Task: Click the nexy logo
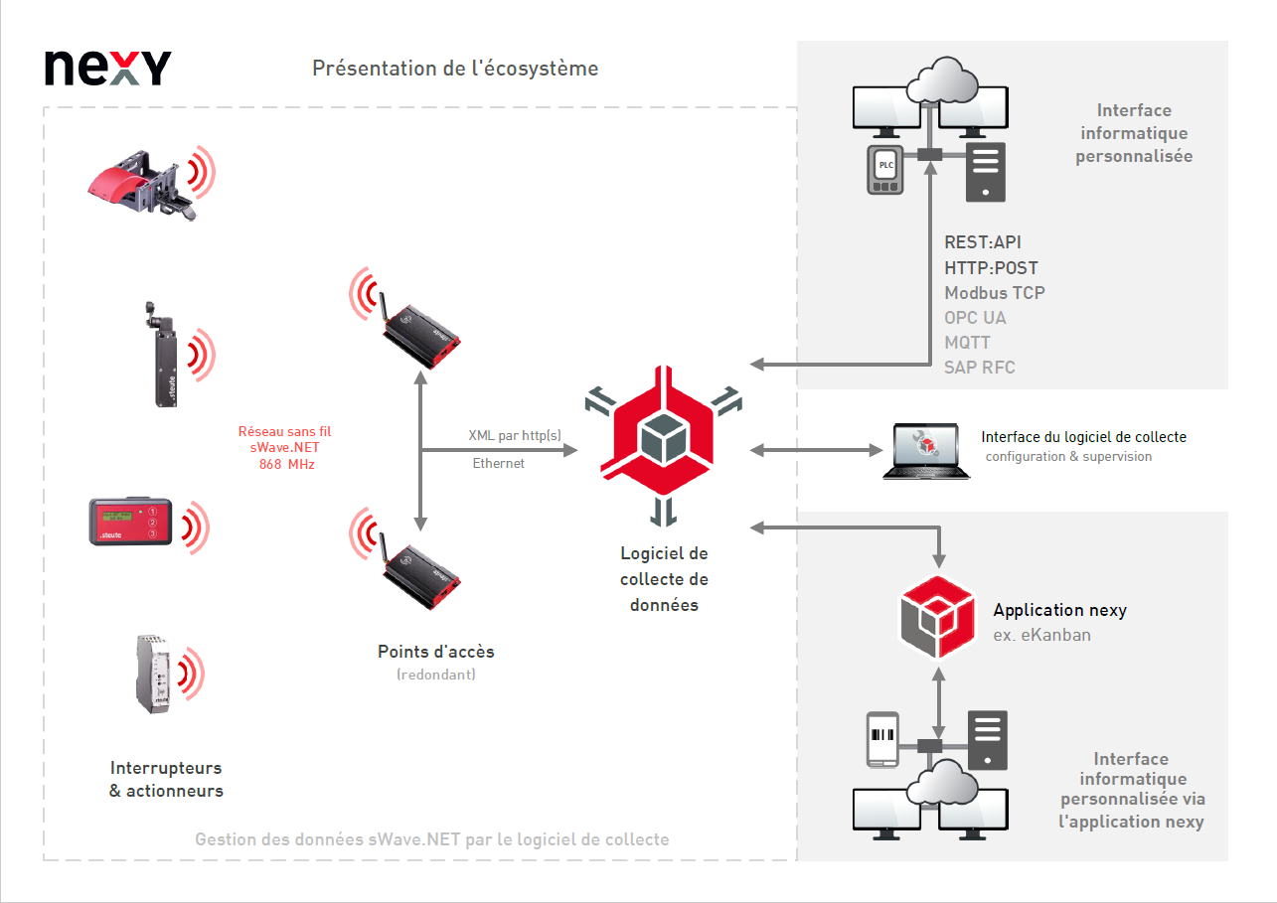tap(107, 69)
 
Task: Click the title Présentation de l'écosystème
tap(455, 69)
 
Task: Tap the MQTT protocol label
tap(967, 343)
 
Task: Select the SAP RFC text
tap(980, 368)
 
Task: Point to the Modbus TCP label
tap(994, 293)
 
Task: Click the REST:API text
tap(982, 242)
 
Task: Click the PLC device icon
tap(885, 170)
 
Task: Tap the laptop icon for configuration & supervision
tap(926, 451)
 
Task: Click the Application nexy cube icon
tap(938, 617)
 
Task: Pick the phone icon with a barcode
tap(882, 739)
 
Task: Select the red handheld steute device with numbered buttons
tap(130, 522)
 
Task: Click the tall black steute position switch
tap(162, 355)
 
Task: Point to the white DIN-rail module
tap(153, 674)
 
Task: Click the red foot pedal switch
tap(142, 184)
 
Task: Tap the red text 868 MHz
tap(287, 464)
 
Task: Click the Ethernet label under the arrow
tap(498, 463)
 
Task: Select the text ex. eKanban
tap(1041, 635)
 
